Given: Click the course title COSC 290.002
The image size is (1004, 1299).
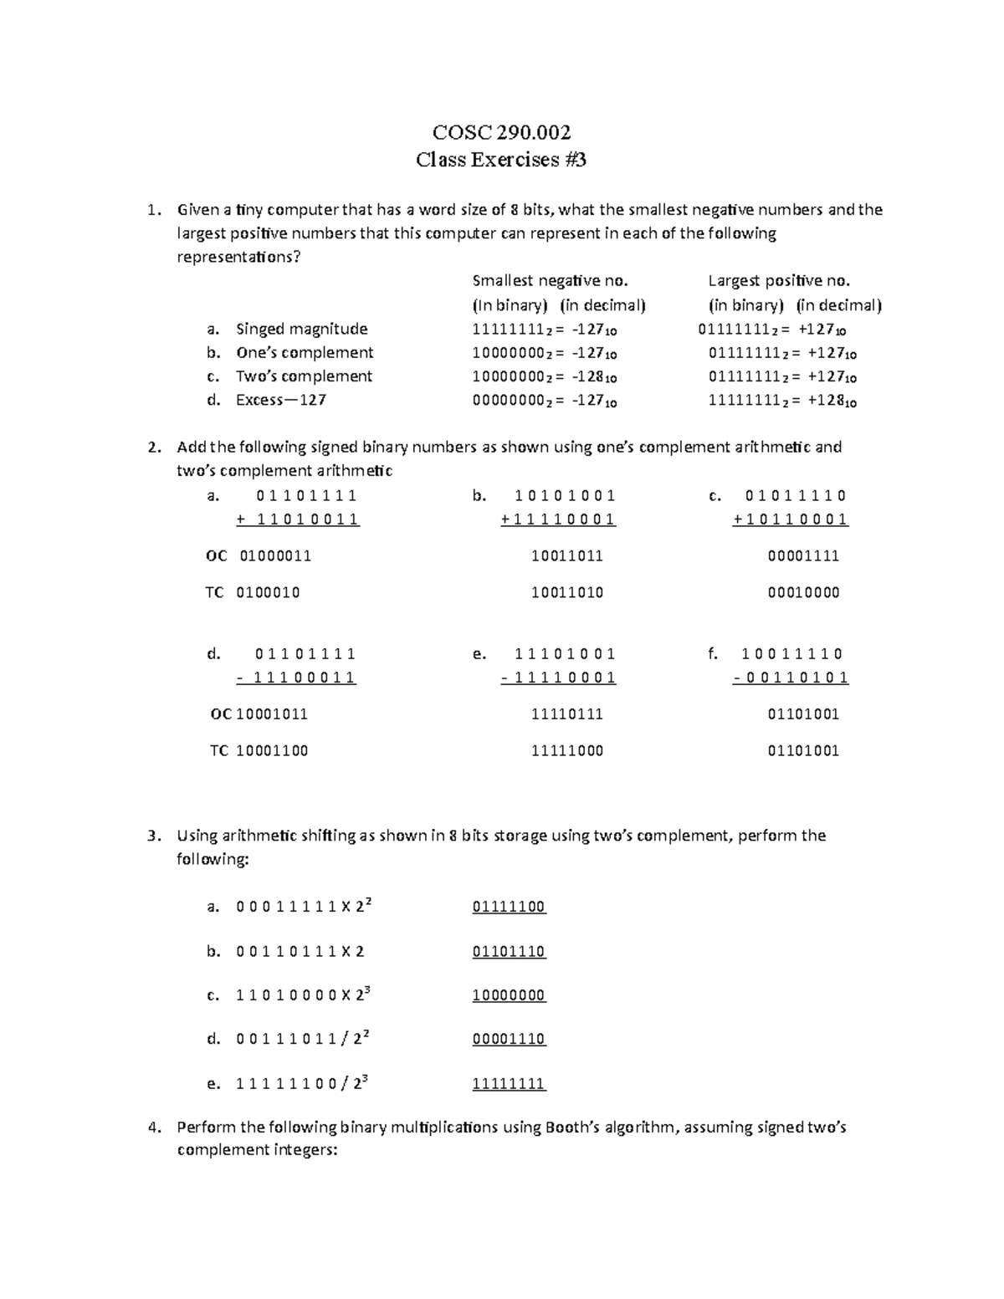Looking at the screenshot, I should (x=501, y=132).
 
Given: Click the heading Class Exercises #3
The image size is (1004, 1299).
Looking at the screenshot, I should (x=501, y=159).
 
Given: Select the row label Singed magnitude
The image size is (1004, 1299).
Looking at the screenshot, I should (x=301, y=329).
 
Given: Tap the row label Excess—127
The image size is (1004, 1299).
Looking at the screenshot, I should (x=280, y=400).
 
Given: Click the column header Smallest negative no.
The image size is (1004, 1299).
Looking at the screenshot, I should (x=550, y=281).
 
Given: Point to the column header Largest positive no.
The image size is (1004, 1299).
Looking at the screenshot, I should (x=779, y=281).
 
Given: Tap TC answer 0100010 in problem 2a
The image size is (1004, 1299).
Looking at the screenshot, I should (x=268, y=593).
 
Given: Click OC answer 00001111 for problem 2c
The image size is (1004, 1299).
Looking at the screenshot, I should (x=803, y=556).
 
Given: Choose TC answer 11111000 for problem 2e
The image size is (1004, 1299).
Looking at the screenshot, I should (x=566, y=751).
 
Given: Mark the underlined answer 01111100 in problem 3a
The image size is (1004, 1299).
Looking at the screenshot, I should (x=509, y=907).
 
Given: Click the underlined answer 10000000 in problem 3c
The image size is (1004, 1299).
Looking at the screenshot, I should (x=509, y=995).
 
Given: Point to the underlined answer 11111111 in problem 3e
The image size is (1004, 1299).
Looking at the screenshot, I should (x=509, y=1084).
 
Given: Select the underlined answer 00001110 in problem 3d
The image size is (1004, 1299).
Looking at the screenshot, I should (x=509, y=1039).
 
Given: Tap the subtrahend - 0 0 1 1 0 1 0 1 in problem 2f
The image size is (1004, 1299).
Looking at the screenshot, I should (x=791, y=678).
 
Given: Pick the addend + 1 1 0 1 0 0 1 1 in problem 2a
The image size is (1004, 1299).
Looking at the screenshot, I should (x=298, y=519).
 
